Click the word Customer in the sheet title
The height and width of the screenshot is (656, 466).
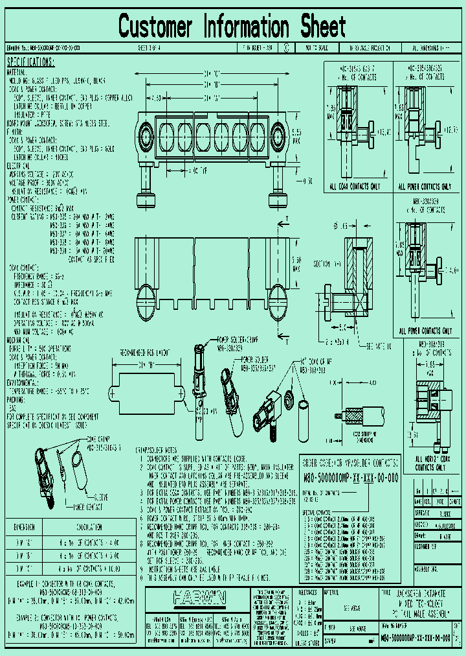coord(155,27)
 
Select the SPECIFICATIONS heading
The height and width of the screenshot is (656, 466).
coord(30,62)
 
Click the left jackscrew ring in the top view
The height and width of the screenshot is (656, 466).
coord(148,137)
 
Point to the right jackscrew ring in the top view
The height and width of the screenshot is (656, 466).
coord(279,137)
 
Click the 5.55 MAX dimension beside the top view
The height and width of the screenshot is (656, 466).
coord(296,138)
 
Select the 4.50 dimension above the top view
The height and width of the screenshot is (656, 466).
coord(156,98)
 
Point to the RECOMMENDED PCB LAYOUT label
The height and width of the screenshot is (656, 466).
coord(144,353)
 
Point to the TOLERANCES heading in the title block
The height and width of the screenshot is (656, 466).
coord(315,591)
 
